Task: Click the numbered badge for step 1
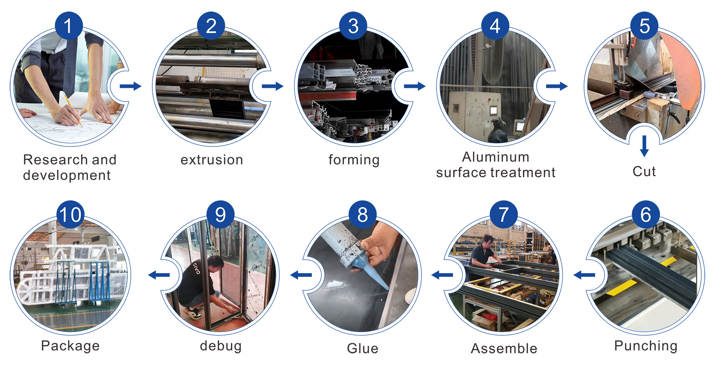[69, 26]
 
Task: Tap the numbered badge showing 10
[70, 215]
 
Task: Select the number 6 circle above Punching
[645, 215]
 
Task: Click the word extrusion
[212, 160]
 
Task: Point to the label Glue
[363, 348]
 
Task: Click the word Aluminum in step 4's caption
[495, 157]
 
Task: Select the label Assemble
[504, 348]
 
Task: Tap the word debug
[221, 346]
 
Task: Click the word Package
[70, 346]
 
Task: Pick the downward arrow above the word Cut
[644, 145]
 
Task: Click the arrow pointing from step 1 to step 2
[130, 86]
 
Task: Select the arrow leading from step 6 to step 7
[584, 275]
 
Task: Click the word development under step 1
[67, 175]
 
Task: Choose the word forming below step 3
[354, 160]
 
